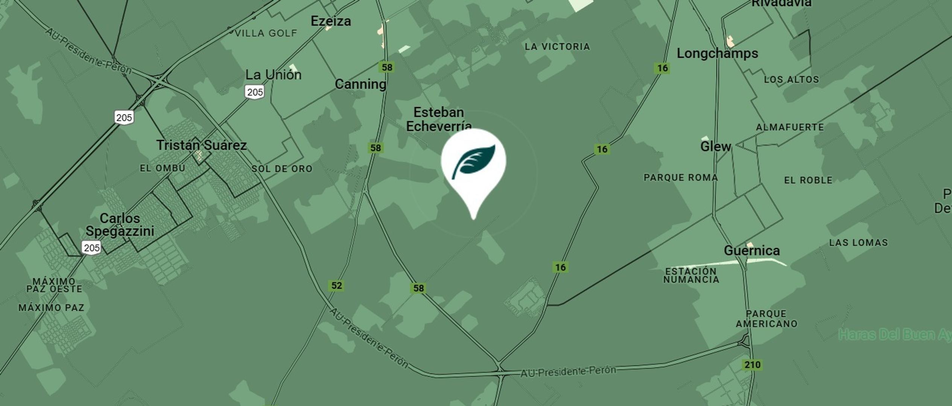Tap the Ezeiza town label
(x=331, y=21)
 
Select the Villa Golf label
(x=266, y=33)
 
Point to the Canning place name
(x=360, y=84)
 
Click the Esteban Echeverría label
(x=439, y=119)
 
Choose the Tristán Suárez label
(x=201, y=145)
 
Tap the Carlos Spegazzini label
(x=120, y=224)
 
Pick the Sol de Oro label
(x=282, y=169)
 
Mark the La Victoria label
(x=557, y=47)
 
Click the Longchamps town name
(x=717, y=53)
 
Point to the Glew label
(x=715, y=146)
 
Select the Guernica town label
(x=751, y=250)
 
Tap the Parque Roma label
(x=681, y=177)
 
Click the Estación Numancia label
(x=691, y=276)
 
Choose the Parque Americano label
(x=766, y=319)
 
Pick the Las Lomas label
(x=858, y=242)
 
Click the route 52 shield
(x=336, y=286)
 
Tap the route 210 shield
(x=752, y=365)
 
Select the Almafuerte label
(x=790, y=127)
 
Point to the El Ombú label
(x=163, y=168)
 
